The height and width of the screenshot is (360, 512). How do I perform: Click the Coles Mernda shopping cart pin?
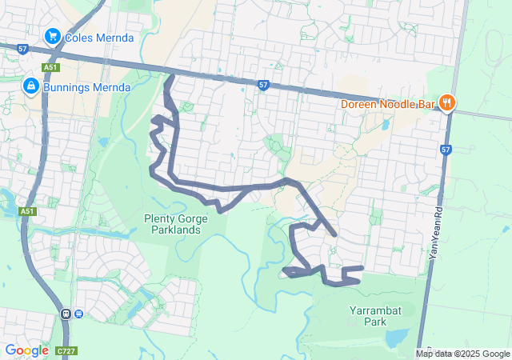(x=54, y=36)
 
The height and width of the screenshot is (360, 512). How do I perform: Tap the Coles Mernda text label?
(x=99, y=38)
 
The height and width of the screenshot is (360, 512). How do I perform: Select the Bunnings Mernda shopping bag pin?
(x=31, y=86)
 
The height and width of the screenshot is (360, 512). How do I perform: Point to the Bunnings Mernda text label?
(x=86, y=86)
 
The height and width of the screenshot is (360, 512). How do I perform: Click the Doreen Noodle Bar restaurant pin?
(x=446, y=102)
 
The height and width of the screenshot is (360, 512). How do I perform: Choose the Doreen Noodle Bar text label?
(x=387, y=103)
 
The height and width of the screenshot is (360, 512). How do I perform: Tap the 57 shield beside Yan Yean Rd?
(x=446, y=150)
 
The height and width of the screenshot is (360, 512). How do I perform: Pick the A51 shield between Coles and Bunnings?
(x=51, y=67)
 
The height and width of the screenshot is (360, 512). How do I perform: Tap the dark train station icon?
(x=66, y=314)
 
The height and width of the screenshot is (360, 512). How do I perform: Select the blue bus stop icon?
(x=78, y=314)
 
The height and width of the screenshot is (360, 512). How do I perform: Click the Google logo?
(x=26, y=350)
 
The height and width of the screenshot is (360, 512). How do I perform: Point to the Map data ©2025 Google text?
(x=462, y=354)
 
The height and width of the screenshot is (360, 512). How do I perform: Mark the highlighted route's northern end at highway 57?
(x=169, y=78)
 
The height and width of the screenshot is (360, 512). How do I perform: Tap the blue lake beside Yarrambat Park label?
(x=397, y=339)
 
